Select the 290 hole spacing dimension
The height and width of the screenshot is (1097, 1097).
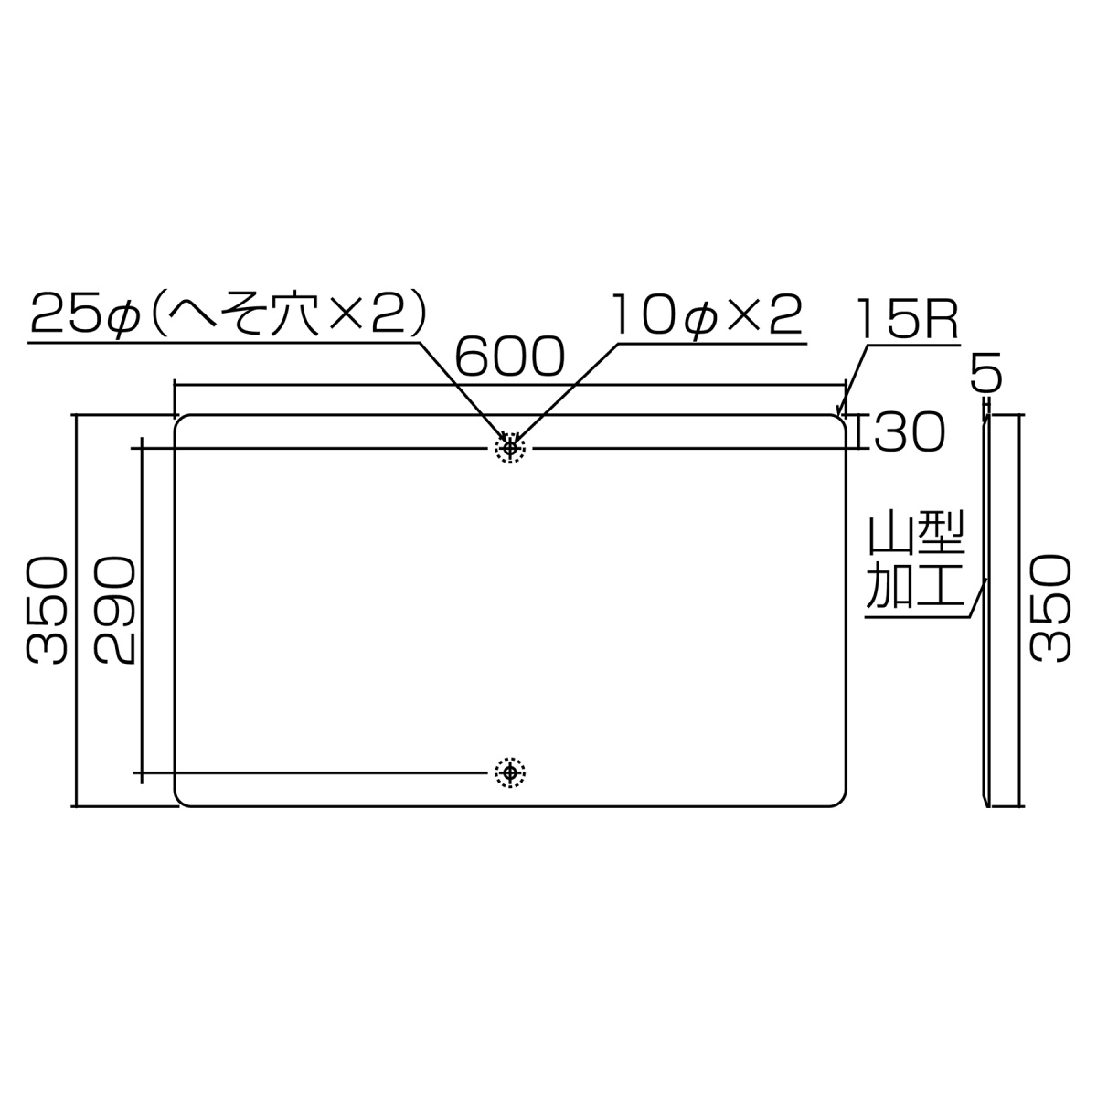(115, 611)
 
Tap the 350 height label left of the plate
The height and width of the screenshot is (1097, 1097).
(47, 611)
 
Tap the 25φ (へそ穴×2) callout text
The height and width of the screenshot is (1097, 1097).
(229, 316)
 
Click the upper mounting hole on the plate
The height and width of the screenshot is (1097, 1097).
(510, 448)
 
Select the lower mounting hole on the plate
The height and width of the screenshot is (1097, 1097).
(510, 773)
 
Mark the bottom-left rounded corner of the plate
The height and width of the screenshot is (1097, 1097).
(181, 800)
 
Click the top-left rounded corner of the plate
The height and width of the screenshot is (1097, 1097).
(181, 422)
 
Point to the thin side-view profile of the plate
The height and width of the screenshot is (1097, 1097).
(987, 611)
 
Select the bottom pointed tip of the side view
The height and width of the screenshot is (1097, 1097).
(987, 805)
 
